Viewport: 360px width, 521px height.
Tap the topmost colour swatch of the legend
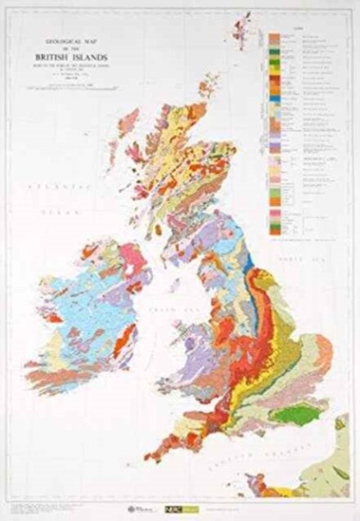273,38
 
